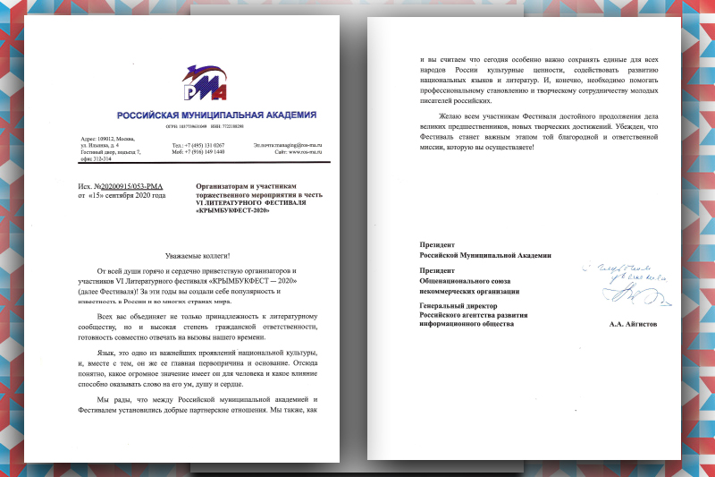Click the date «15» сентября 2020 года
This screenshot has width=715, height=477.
122,192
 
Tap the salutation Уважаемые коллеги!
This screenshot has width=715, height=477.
205,256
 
